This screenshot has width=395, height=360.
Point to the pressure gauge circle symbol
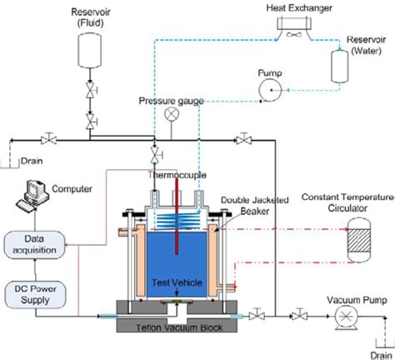pyautogui.click(x=172, y=113)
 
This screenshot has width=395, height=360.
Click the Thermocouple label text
pyautogui.click(x=177, y=176)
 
